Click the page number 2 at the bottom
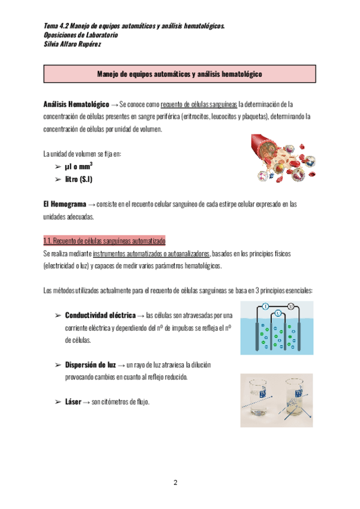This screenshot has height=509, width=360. tap(176, 483)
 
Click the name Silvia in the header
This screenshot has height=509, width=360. tap(53, 44)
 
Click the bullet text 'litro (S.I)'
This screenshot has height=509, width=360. tap(79, 179)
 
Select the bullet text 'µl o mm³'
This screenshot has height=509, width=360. tap(79, 166)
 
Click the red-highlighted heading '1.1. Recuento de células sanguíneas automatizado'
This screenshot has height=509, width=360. tap(104, 241)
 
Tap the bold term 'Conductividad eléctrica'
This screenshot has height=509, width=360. tap(100, 315)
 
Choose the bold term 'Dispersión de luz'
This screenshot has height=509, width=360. tap(91, 364)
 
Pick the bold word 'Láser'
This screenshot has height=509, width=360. tap(73, 402)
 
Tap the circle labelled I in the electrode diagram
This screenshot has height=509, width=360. tap(264, 306)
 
